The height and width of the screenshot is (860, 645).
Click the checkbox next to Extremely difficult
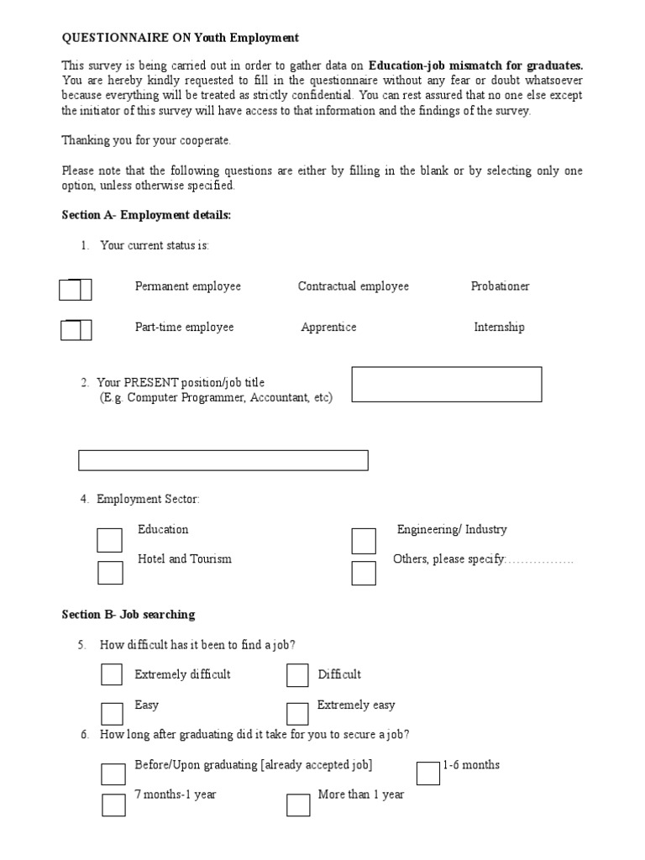pos(112,674)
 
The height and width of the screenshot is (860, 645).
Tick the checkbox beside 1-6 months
pos(428,773)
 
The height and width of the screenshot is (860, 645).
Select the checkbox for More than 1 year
pos(298,805)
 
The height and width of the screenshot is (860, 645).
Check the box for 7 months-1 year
pos(113,805)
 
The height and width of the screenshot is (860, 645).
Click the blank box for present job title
pos(446,385)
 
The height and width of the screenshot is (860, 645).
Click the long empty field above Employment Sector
pos(223,460)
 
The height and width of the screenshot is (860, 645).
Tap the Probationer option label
pos(501,286)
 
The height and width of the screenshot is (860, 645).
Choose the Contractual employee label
pos(353,286)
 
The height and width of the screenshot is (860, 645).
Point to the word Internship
pos(499,328)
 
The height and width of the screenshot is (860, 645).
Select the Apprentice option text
pos(328,328)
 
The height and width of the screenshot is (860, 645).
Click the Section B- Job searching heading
pos(128,615)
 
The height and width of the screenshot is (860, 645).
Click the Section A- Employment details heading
pos(146,215)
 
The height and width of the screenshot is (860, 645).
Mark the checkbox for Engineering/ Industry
pos(364,541)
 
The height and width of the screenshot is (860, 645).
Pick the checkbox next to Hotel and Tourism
pos(110,573)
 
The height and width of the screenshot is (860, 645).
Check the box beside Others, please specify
pos(364,573)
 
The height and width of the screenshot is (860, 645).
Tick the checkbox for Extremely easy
pos(297,714)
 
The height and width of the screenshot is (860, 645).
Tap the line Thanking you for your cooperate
pos(146,140)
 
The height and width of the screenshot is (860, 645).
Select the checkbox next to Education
pos(109,540)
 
